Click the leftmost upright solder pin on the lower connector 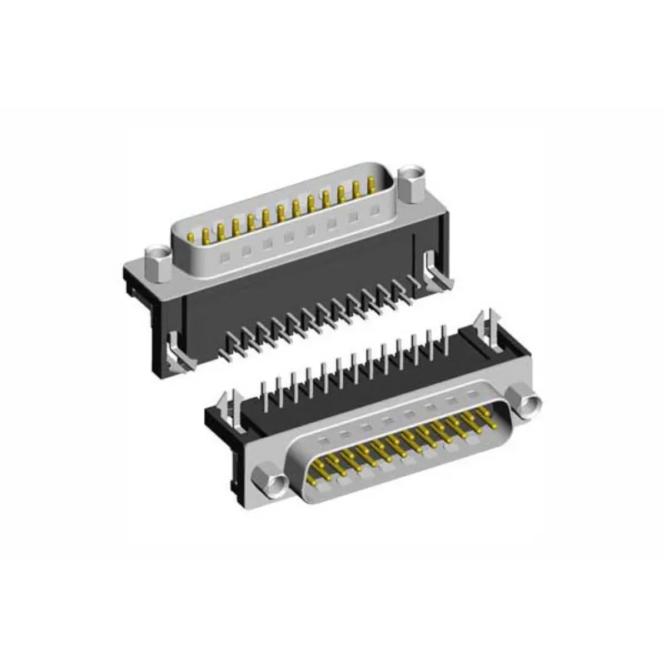coord(262,390)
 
